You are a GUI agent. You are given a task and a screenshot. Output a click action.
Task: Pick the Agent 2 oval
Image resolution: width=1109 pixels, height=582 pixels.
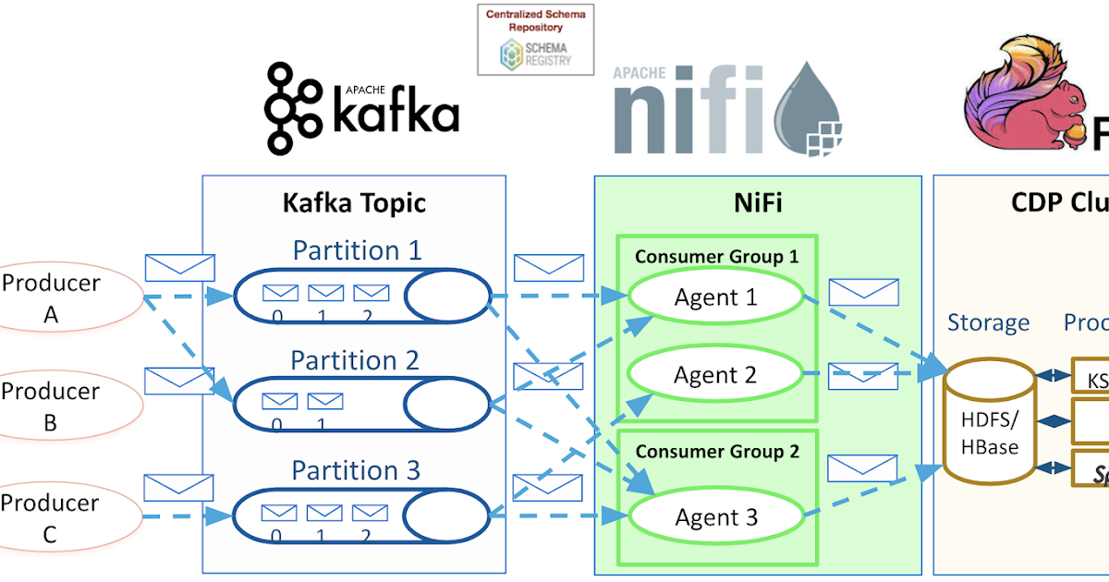(716, 374)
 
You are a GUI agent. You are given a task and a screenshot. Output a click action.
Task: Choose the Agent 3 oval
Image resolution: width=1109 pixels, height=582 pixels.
(716, 517)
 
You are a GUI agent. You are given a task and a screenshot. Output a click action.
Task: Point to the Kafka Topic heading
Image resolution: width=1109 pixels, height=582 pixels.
(354, 202)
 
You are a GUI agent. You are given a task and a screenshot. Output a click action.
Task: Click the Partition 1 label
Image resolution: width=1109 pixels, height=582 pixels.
(357, 250)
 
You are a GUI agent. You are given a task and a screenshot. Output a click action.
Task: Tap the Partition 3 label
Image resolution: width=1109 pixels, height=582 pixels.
(356, 470)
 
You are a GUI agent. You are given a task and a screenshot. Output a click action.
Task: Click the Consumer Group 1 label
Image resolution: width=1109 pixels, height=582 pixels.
(716, 256)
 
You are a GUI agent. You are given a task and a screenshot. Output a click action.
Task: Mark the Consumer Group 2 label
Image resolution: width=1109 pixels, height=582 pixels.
(716, 451)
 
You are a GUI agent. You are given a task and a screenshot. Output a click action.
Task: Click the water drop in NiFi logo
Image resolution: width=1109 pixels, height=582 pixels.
(811, 106)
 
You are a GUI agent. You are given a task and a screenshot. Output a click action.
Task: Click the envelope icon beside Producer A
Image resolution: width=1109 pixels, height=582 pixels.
(180, 268)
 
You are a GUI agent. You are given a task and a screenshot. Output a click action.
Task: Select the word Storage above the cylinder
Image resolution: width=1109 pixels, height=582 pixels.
(988, 322)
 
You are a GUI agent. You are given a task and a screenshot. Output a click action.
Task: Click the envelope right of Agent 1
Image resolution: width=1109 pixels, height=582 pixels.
(863, 292)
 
